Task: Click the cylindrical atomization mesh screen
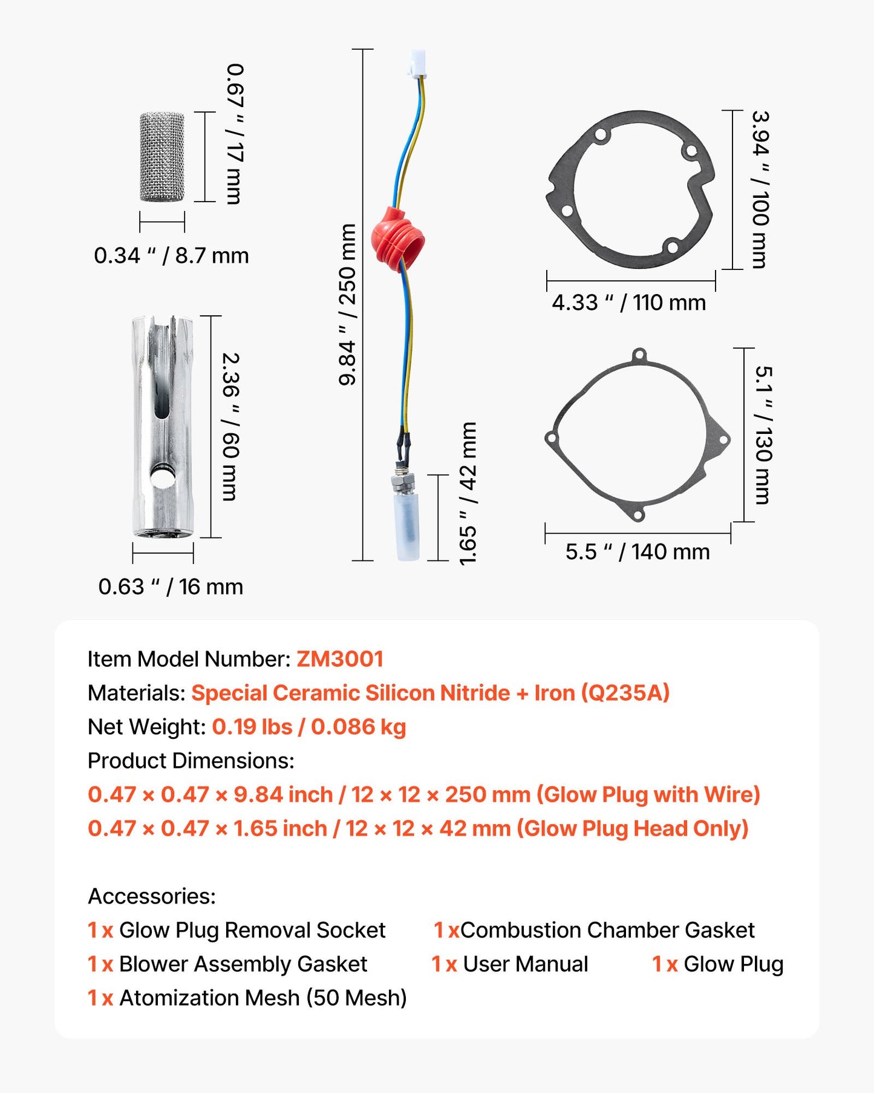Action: click(162, 157)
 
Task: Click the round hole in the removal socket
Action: click(161, 478)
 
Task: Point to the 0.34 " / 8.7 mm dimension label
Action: click(171, 256)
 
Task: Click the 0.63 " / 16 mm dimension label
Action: click(171, 586)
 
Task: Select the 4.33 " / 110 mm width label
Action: click(628, 302)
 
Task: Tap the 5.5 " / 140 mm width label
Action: click(638, 552)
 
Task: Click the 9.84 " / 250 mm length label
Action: click(348, 304)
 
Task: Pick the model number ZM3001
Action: click(340, 659)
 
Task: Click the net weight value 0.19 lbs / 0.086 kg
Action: click(309, 727)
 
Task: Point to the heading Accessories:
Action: click(152, 896)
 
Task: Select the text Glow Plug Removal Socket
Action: click(252, 930)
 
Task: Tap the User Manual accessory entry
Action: click(525, 964)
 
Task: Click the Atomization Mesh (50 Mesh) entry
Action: click(263, 998)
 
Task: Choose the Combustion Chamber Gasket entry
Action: click(607, 930)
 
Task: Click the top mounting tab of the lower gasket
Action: click(639, 355)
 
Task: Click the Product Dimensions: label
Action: click(191, 761)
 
